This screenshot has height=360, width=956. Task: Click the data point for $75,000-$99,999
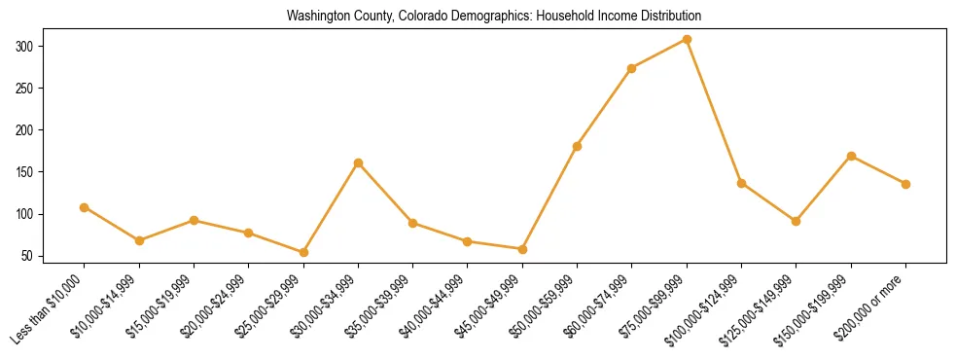coord(687,40)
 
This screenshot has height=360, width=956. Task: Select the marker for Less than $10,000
coord(85,207)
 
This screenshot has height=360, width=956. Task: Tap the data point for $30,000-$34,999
coord(358,163)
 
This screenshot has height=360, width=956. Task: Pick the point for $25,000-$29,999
coord(303,253)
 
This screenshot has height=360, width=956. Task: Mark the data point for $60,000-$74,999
coord(632,68)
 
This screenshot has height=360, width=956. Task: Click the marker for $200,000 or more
coord(905,184)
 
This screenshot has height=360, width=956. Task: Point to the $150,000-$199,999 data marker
coord(851,156)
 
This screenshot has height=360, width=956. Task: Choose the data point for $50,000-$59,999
coord(577,146)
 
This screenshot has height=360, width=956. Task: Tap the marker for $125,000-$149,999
coord(797,221)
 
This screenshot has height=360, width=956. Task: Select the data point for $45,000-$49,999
coord(522,249)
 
